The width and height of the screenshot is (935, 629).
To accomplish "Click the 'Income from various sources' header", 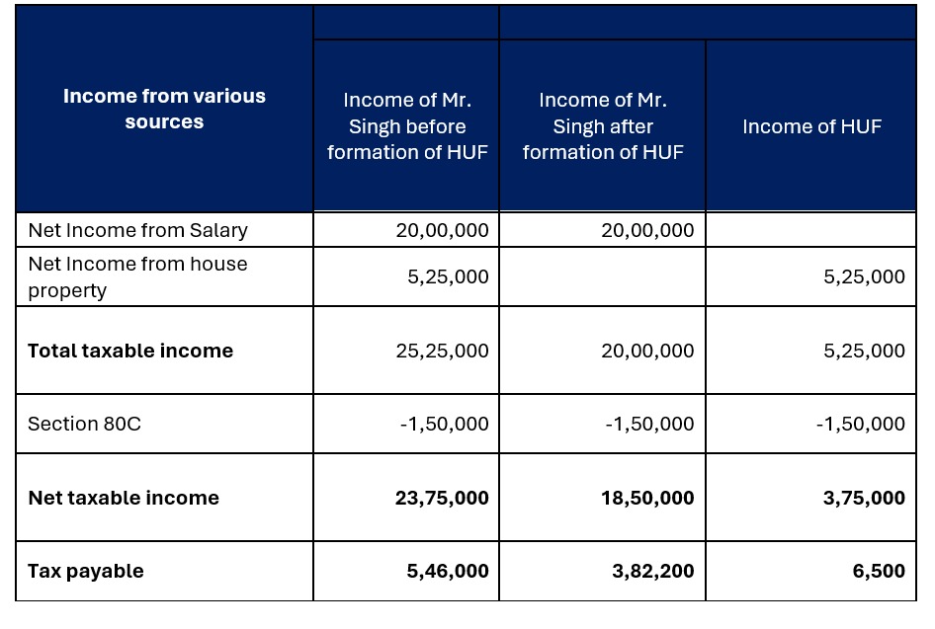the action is (x=165, y=109).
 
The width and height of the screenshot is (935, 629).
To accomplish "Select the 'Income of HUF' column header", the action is (x=811, y=126).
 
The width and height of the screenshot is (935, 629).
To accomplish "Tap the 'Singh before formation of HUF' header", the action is (x=407, y=126).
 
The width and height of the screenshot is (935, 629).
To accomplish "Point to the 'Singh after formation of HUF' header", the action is (x=603, y=126).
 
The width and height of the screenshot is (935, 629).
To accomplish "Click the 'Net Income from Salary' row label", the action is (x=137, y=230).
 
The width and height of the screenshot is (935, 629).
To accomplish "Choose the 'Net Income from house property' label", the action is (x=137, y=276).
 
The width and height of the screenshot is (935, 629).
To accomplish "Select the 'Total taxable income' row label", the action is (x=130, y=351).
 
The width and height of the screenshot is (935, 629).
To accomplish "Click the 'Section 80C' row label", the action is (x=85, y=424).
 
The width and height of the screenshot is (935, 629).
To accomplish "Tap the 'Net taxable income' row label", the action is (x=124, y=498).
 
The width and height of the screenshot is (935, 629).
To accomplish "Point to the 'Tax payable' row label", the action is (x=86, y=571).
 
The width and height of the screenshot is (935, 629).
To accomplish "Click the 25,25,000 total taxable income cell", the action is (x=443, y=351).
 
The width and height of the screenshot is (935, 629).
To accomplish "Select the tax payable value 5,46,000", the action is (x=448, y=571).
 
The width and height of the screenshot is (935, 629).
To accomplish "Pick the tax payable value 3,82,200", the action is (x=653, y=571).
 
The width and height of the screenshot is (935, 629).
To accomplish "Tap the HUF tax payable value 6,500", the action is (x=879, y=571).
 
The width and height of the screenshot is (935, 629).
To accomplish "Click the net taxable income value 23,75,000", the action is (x=442, y=498).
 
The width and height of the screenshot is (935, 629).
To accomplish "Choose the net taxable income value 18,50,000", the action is (x=647, y=498).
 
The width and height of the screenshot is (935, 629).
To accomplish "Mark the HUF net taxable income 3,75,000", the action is (x=864, y=498).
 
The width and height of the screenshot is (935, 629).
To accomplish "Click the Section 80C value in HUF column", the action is (x=861, y=424).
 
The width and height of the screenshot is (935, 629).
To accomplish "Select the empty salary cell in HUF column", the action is (x=811, y=230).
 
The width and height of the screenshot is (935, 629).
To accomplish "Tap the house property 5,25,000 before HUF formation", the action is (x=448, y=276).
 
